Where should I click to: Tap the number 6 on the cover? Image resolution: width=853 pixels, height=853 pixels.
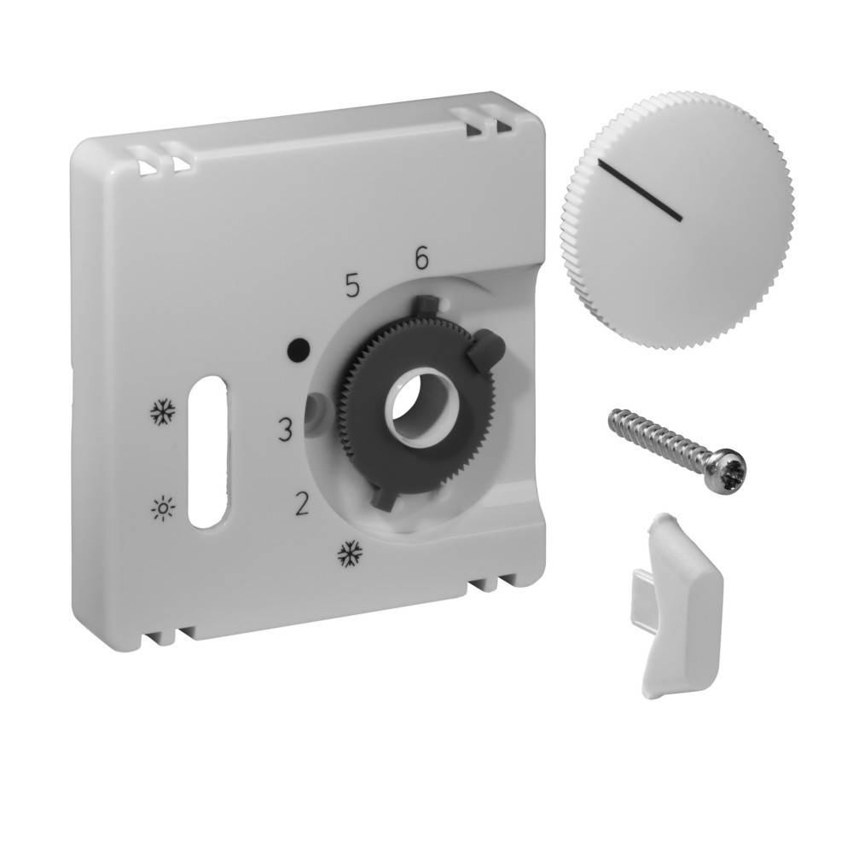pyautogui.click(x=421, y=258)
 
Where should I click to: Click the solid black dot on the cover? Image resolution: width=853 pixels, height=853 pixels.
pyautogui.click(x=298, y=348)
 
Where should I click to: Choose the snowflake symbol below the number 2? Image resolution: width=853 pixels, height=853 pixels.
pyautogui.click(x=348, y=554)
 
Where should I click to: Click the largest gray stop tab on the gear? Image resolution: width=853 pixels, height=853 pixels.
pyautogui.click(x=485, y=345)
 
